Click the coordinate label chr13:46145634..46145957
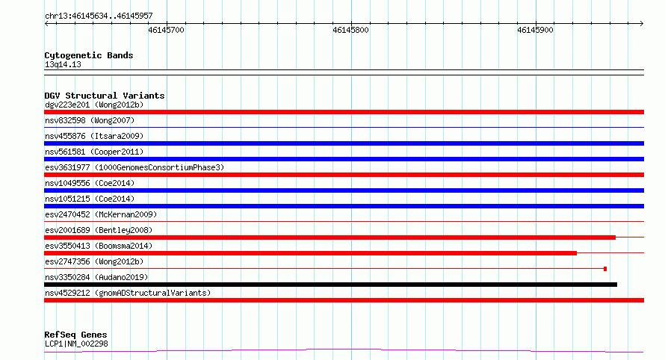point(99,16)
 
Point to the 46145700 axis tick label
point(166,30)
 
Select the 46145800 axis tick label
point(350,30)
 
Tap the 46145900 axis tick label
point(535,30)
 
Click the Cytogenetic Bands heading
point(89,55)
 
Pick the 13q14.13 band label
point(63,64)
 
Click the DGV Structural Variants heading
point(105,96)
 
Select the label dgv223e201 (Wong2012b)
point(94,105)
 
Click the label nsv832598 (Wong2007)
point(90,120)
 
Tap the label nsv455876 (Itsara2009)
point(94,136)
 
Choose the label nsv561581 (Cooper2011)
point(94,152)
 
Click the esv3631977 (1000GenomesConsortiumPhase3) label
point(134,167)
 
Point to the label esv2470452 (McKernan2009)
point(101,214)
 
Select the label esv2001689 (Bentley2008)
point(99,230)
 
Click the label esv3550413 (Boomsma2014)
point(99,246)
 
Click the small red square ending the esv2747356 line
point(605,269)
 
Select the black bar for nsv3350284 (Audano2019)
point(330,285)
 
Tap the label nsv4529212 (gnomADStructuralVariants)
point(128,293)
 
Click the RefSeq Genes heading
point(75,335)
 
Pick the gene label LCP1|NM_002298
point(76,344)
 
